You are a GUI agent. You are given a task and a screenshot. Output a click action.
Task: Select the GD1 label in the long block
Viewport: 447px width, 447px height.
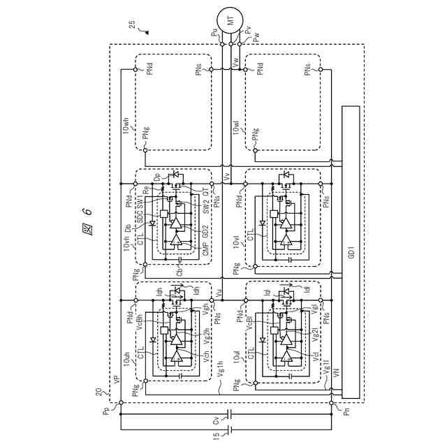tap(351, 251)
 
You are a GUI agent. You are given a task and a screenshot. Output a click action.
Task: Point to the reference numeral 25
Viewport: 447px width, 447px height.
tap(133, 25)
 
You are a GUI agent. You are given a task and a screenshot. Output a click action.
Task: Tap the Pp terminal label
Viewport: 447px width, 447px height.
tap(107, 411)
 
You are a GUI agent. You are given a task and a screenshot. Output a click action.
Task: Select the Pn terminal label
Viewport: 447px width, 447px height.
tap(340, 411)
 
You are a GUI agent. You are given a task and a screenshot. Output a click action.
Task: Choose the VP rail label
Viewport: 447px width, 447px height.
tap(116, 380)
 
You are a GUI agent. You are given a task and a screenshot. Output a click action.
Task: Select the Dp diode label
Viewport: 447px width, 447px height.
tap(157, 176)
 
